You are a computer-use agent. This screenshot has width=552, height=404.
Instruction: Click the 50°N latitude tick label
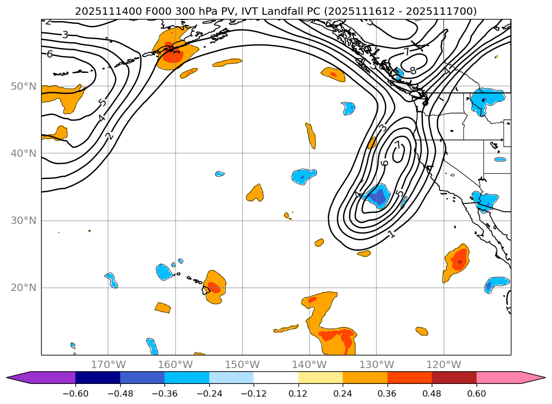point(23,86)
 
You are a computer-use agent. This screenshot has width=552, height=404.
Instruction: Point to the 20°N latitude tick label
point(23,288)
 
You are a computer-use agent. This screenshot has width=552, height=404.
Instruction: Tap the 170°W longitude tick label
point(108,364)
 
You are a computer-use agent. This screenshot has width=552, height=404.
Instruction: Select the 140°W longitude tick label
point(309,364)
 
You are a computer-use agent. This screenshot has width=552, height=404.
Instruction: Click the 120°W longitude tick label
point(444,364)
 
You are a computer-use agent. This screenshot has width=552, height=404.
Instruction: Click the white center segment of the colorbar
point(276,378)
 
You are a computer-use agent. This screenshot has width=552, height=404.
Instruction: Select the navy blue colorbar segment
point(98,378)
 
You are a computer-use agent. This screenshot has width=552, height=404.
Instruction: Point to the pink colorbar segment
point(498,378)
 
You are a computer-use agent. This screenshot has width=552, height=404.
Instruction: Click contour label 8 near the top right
point(413,70)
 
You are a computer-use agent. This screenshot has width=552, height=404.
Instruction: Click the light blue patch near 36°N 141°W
point(304,176)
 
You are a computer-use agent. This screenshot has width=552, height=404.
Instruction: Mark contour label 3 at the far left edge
point(65,35)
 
